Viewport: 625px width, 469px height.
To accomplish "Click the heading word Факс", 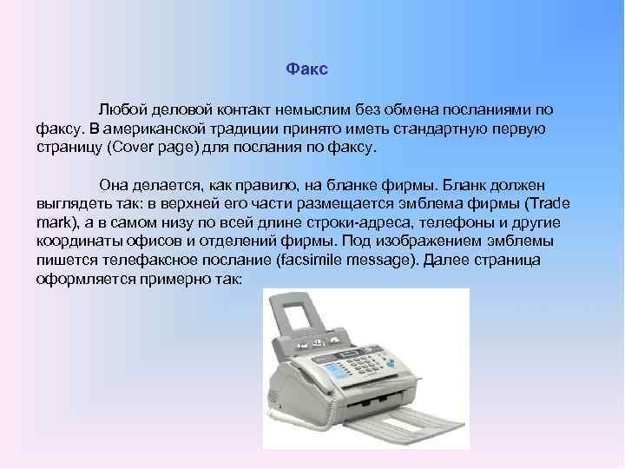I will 306,69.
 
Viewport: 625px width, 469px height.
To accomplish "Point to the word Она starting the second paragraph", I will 115,184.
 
